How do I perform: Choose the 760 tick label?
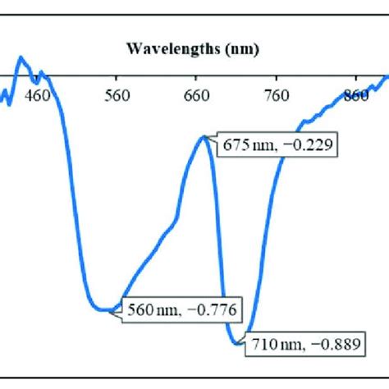point(277,96)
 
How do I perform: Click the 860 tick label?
point(356,96)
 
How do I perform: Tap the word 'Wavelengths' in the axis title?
point(172,50)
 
